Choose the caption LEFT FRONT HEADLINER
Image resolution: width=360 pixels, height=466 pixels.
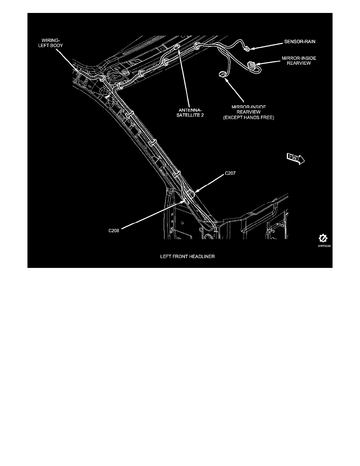(x=187, y=257)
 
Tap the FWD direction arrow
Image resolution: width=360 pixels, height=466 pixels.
(x=296, y=158)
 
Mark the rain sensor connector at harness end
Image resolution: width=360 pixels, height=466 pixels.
(x=247, y=49)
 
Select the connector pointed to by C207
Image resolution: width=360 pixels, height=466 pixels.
(x=192, y=193)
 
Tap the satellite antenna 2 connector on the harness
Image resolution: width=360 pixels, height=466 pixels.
(x=177, y=48)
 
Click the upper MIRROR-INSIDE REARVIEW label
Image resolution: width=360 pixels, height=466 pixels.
(x=299, y=61)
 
